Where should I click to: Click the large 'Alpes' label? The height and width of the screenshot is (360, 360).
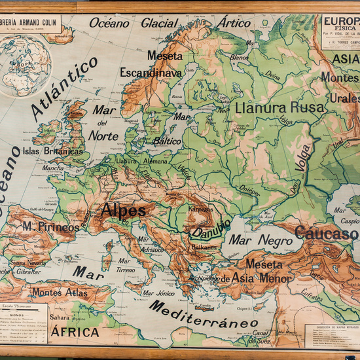tap(123, 211)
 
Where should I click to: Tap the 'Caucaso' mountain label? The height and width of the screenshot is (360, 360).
tap(326, 233)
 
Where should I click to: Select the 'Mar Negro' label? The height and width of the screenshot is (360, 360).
tap(261, 240)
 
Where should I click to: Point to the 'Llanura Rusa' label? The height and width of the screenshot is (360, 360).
tap(279, 107)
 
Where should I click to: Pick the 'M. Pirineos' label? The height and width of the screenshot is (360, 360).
tap(50, 226)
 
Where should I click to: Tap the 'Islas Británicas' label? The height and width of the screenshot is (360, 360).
tap(53, 151)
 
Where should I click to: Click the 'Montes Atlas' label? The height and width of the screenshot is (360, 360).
tap(60, 293)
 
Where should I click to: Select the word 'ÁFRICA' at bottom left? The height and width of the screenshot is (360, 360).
tap(75, 332)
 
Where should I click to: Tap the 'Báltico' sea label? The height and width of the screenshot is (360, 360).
tap(167, 141)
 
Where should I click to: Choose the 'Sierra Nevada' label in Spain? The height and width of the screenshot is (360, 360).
tap(28, 262)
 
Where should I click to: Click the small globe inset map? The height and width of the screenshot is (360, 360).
tap(24, 66)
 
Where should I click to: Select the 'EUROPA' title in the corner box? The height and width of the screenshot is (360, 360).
tap(340, 20)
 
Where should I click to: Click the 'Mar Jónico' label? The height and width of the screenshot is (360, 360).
tap(158, 293)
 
